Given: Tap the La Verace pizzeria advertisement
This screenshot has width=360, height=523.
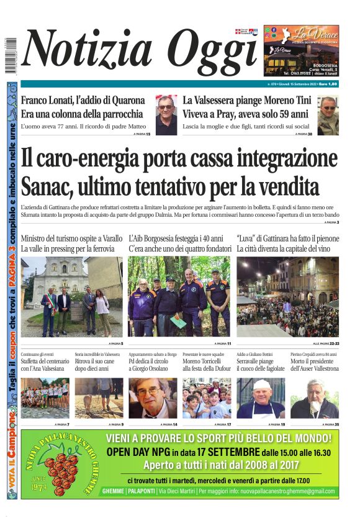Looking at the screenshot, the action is pos(301,50).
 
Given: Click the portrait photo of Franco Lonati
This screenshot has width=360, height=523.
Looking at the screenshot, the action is pos(166,115).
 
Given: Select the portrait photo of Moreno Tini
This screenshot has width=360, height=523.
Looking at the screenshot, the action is pos(328,115).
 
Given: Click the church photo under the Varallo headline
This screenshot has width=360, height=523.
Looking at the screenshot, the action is pos(71,297).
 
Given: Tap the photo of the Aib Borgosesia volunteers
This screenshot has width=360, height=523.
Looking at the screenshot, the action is pos(179,297).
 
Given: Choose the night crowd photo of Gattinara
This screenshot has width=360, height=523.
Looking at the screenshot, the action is pos(287,297).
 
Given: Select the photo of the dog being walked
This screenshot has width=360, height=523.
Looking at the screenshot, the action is pos(99,398).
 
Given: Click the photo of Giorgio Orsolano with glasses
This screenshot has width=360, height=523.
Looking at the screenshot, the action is pos(153,398).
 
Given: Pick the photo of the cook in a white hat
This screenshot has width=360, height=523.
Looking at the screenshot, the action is pos(261,398).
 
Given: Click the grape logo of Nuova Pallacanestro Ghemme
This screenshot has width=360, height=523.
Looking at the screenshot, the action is pos(58,463).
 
